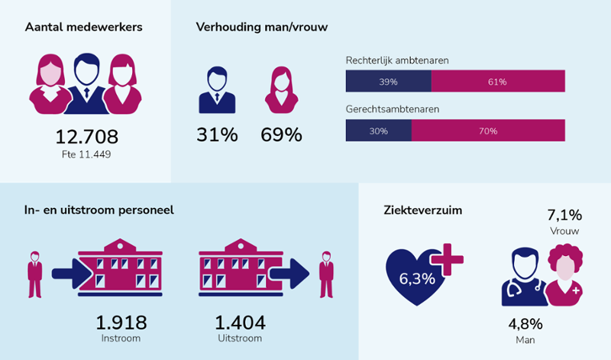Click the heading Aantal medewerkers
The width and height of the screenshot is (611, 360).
pos(83,28)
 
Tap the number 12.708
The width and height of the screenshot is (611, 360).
pos(86,138)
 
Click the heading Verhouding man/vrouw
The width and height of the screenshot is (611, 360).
pos(261,28)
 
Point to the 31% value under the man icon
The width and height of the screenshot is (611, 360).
pos(217,135)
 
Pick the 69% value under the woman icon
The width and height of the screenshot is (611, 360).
pos(281,135)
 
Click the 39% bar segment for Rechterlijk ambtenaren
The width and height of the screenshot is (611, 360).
pos(389,81)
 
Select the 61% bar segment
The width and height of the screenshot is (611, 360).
pos(498,81)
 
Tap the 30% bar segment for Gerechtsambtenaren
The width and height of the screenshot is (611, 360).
pos(379,131)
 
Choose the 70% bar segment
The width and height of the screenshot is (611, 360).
pos(488,131)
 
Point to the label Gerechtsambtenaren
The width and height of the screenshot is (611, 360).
pos(392,109)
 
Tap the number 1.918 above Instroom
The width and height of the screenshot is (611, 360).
pos(121,323)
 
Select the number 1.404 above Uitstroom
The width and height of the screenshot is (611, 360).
pos(238,323)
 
